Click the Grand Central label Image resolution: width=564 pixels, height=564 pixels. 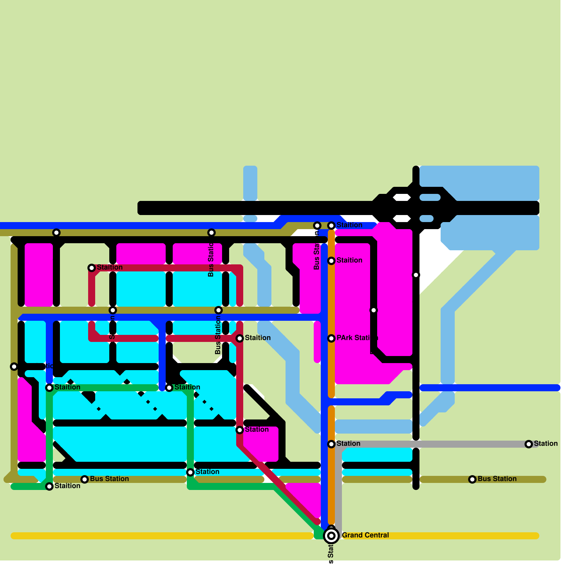click(365, 535)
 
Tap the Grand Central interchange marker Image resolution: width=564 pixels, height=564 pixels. click(331, 536)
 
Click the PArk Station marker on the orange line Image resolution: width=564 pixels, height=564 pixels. click(331, 338)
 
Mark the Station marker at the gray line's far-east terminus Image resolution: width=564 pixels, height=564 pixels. click(529, 444)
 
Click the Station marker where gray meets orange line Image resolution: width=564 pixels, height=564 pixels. click(331, 444)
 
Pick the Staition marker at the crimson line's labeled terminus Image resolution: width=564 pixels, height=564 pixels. click(92, 268)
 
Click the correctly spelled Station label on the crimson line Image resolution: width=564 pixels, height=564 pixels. click(257, 429)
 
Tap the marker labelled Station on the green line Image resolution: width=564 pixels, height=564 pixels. click(190, 472)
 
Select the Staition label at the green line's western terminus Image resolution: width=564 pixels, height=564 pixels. click(67, 486)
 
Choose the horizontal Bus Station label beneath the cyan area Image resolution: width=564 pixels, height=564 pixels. click(109, 479)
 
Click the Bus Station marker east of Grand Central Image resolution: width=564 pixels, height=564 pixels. click(472, 479)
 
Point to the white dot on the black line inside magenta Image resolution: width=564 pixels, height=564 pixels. click(374, 310)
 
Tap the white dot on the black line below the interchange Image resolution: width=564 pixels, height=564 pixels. click(416, 275)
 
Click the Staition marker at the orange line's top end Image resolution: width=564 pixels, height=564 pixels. click(331, 226)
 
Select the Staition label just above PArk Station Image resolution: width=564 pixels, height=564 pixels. click(349, 260)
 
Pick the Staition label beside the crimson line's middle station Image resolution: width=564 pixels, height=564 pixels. click(258, 338)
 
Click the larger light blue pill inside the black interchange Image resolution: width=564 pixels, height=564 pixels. click(430, 197)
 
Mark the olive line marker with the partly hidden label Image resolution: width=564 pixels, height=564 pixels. click(14, 367)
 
